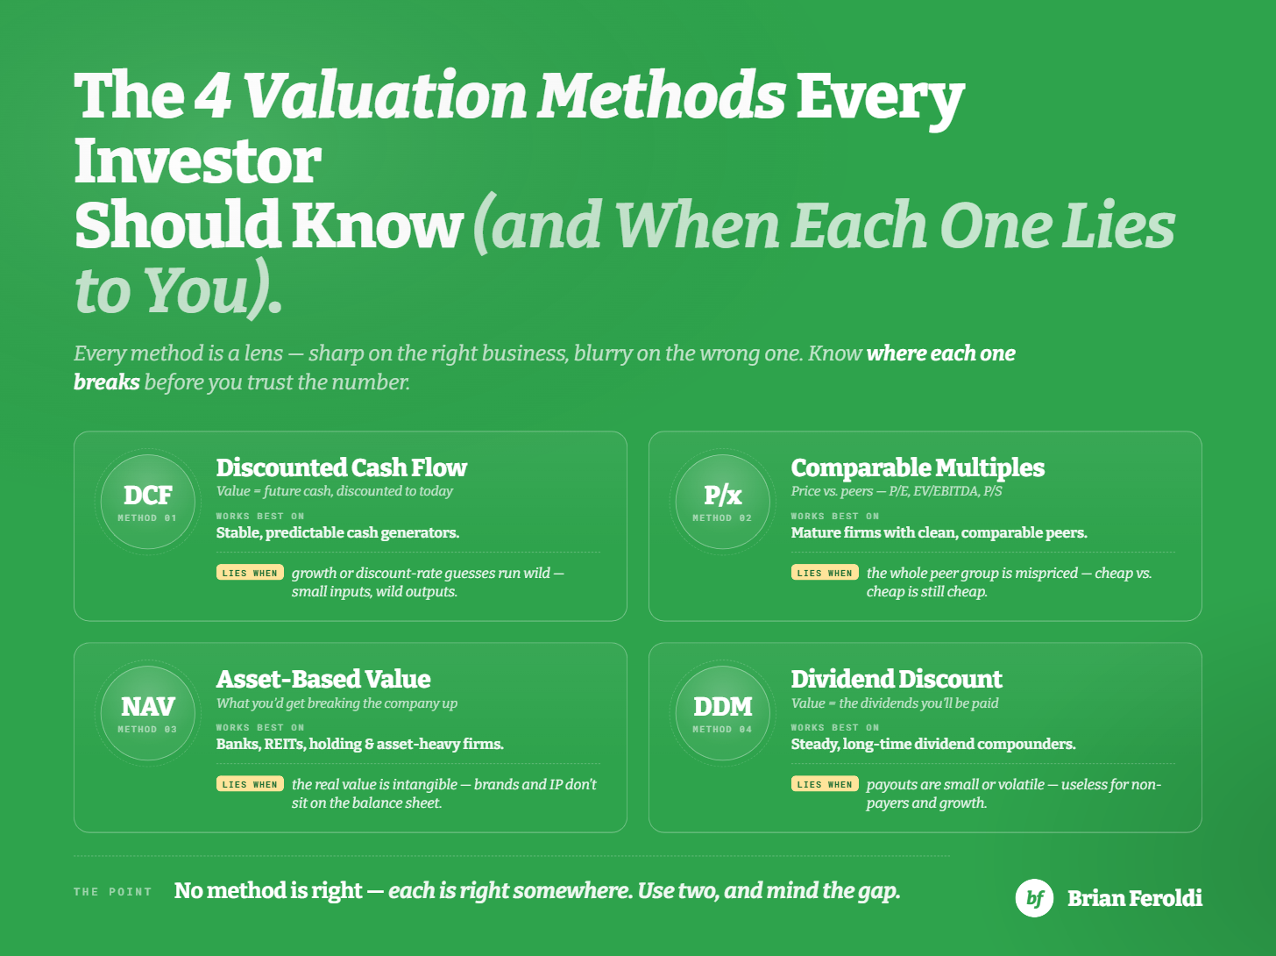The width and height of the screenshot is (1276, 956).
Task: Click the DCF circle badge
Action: [147, 502]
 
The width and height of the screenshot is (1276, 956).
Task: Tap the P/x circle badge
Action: [722, 502]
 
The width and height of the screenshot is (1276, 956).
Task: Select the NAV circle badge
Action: [147, 713]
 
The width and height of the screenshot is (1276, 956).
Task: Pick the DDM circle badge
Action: [722, 713]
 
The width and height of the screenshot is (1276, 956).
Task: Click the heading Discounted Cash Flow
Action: [341, 467]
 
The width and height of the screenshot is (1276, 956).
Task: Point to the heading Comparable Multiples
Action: [918, 468]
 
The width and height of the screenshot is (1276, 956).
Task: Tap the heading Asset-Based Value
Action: [323, 679]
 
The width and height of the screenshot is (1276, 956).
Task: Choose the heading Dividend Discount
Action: [897, 679]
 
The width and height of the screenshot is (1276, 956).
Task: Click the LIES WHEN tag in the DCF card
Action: [250, 573]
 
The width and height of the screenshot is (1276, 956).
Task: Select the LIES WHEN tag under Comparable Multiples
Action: [825, 573]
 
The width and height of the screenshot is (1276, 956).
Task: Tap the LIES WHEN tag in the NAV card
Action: [250, 784]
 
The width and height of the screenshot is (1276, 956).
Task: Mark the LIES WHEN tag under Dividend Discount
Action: [825, 784]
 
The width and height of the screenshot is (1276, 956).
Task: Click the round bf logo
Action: [1034, 898]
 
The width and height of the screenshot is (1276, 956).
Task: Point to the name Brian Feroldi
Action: [1134, 898]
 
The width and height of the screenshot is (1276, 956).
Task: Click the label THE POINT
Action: [113, 892]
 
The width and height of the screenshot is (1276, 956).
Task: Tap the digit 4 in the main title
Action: [211, 96]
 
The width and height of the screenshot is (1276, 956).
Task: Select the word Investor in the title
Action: [198, 161]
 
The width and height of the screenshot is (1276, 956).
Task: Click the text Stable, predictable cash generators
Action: [337, 533]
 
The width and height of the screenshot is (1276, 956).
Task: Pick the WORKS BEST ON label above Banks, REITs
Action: [260, 727]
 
